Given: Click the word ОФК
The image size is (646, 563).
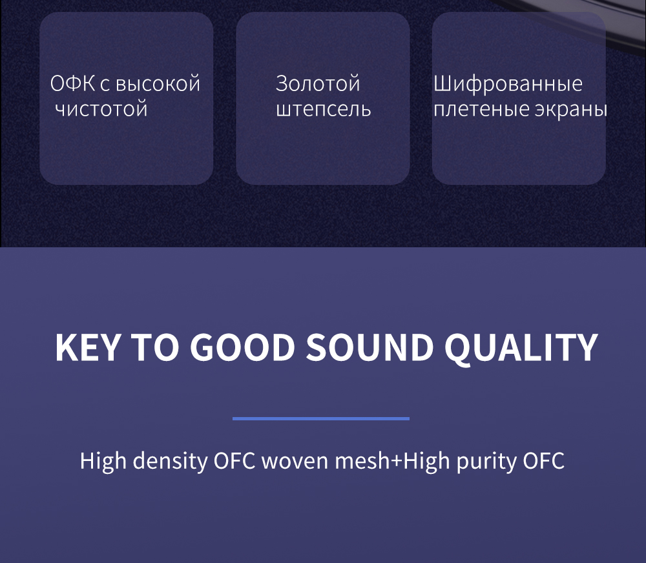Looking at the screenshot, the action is coord(72,83).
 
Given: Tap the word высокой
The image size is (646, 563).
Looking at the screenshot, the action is coord(158,83).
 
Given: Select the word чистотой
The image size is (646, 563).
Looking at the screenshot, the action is coord(101,109).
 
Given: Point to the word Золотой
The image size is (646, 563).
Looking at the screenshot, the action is coord(318,83).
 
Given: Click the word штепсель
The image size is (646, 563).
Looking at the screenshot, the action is coord(324,110).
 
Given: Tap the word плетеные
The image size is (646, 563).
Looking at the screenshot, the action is coord(481,110).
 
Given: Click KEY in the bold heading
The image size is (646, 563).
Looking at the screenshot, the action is coord(88,347).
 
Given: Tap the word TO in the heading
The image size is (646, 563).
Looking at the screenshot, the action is coord(155,347).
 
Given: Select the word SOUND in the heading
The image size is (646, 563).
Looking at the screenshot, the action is coord(370,347).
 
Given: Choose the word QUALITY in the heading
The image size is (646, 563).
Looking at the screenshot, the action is coord(521,348).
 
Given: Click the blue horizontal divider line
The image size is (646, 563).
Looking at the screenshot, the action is coord(321,418).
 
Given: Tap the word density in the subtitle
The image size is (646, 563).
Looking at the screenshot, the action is coord(170,461).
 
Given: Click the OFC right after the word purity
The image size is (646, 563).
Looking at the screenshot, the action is coord(544,461).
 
